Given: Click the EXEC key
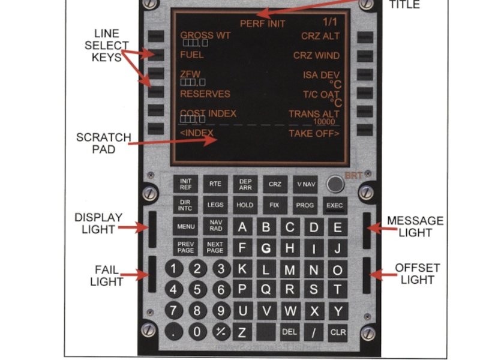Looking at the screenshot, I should [x=334, y=205].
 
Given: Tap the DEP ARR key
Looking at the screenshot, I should [x=245, y=184].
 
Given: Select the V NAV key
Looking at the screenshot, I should [x=305, y=184].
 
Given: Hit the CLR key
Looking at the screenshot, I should [x=337, y=332].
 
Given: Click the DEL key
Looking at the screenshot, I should [x=290, y=332].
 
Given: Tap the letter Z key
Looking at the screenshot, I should [x=242, y=332].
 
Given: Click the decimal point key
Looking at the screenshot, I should [x=173, y=332].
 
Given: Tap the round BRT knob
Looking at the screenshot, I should [x=335, y=184].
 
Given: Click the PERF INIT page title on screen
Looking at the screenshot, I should [x=263, y=24].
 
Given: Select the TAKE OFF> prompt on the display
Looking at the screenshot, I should [x=314, y=133].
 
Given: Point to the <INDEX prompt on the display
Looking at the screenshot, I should [x=197, y=133].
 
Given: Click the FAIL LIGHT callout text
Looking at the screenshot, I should [x=107, y=276].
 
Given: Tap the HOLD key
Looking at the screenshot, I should [x=245, y=205].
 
